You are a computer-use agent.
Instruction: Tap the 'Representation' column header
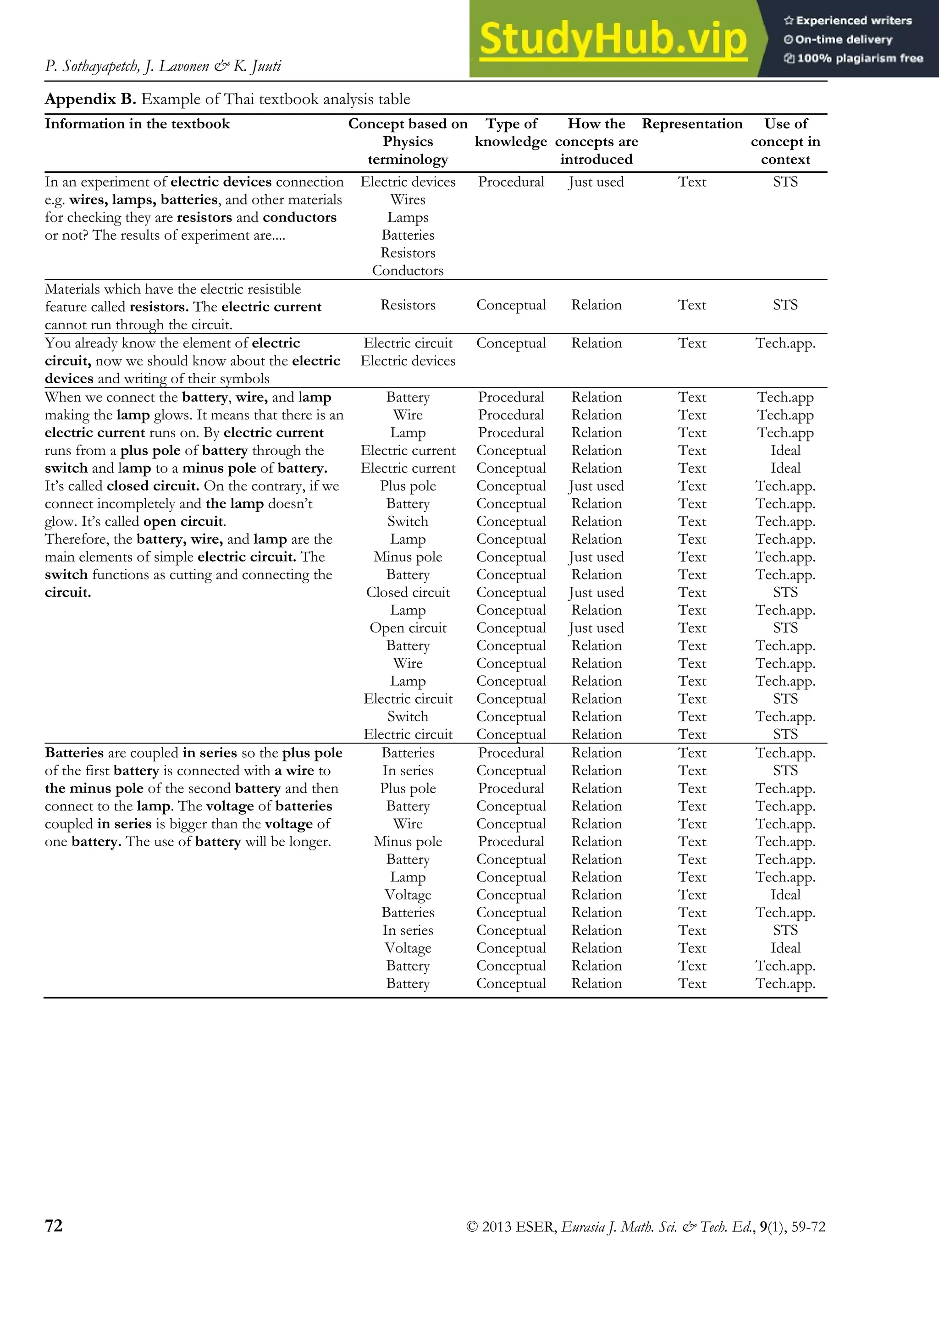coord(692,124)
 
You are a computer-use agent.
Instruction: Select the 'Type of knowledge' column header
coord(511,132)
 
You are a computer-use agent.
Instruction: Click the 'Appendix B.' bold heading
coord(90,99)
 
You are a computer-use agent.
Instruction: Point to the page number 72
coord(54,1225)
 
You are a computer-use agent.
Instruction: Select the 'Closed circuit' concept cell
coord(408,592)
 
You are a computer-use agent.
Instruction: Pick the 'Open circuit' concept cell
coord(408,628)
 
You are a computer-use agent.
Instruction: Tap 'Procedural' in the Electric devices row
coord(511,182)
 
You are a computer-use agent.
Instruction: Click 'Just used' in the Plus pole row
coord(596,486)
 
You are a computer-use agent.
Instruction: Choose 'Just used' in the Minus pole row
coord(596,557)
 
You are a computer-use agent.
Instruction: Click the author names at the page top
coord(163,66)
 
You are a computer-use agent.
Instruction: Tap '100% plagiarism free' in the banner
coord(860,58)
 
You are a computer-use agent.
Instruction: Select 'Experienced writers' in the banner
coord(854,20)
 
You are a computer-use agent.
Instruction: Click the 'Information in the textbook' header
coord(137,124)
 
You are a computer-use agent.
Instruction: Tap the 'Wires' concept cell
coord(408,199)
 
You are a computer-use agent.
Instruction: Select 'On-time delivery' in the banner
coord(844,39)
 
